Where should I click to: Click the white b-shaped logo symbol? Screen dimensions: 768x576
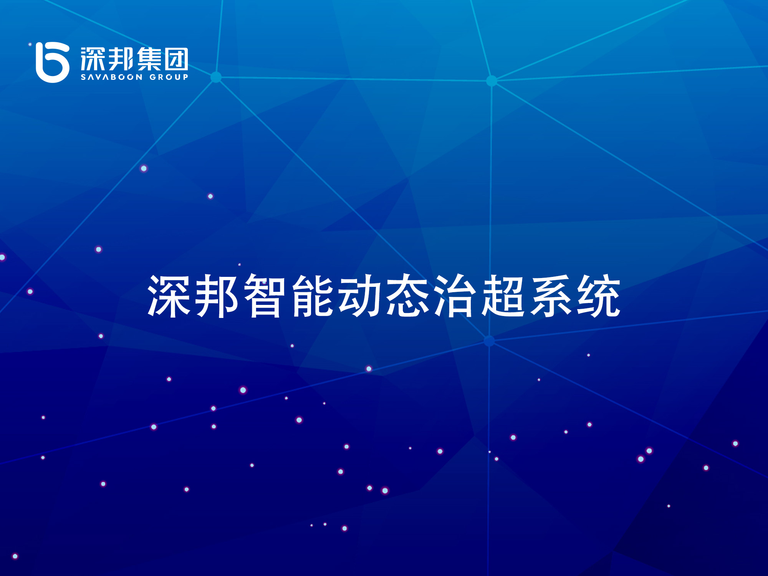(x=52, y=63)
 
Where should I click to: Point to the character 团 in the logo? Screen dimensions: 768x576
(x=176, y=59)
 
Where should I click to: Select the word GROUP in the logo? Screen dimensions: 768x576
(x=169, y=77)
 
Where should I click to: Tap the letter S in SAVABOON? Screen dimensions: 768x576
(x=83, y=77)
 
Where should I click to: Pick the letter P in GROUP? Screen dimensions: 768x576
(x=185, y=77)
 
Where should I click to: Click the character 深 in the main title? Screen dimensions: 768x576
(x=169, y=296)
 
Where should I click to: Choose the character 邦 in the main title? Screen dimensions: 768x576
(x=216, y=296)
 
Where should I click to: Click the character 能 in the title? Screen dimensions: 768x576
(x=312, y=296)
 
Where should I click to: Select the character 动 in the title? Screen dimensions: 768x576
(x=360, y=296)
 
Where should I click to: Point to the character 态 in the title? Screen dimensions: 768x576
(x=408, y=296)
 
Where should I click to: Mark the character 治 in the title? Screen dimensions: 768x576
(x=455, y=296)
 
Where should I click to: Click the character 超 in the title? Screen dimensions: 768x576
(x=503, y=296)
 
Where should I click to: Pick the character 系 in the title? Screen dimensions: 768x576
(x=551, y=296)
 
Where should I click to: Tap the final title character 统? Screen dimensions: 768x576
(x=599, y=296)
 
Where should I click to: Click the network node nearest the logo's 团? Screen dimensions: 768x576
(x=216, y=77)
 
